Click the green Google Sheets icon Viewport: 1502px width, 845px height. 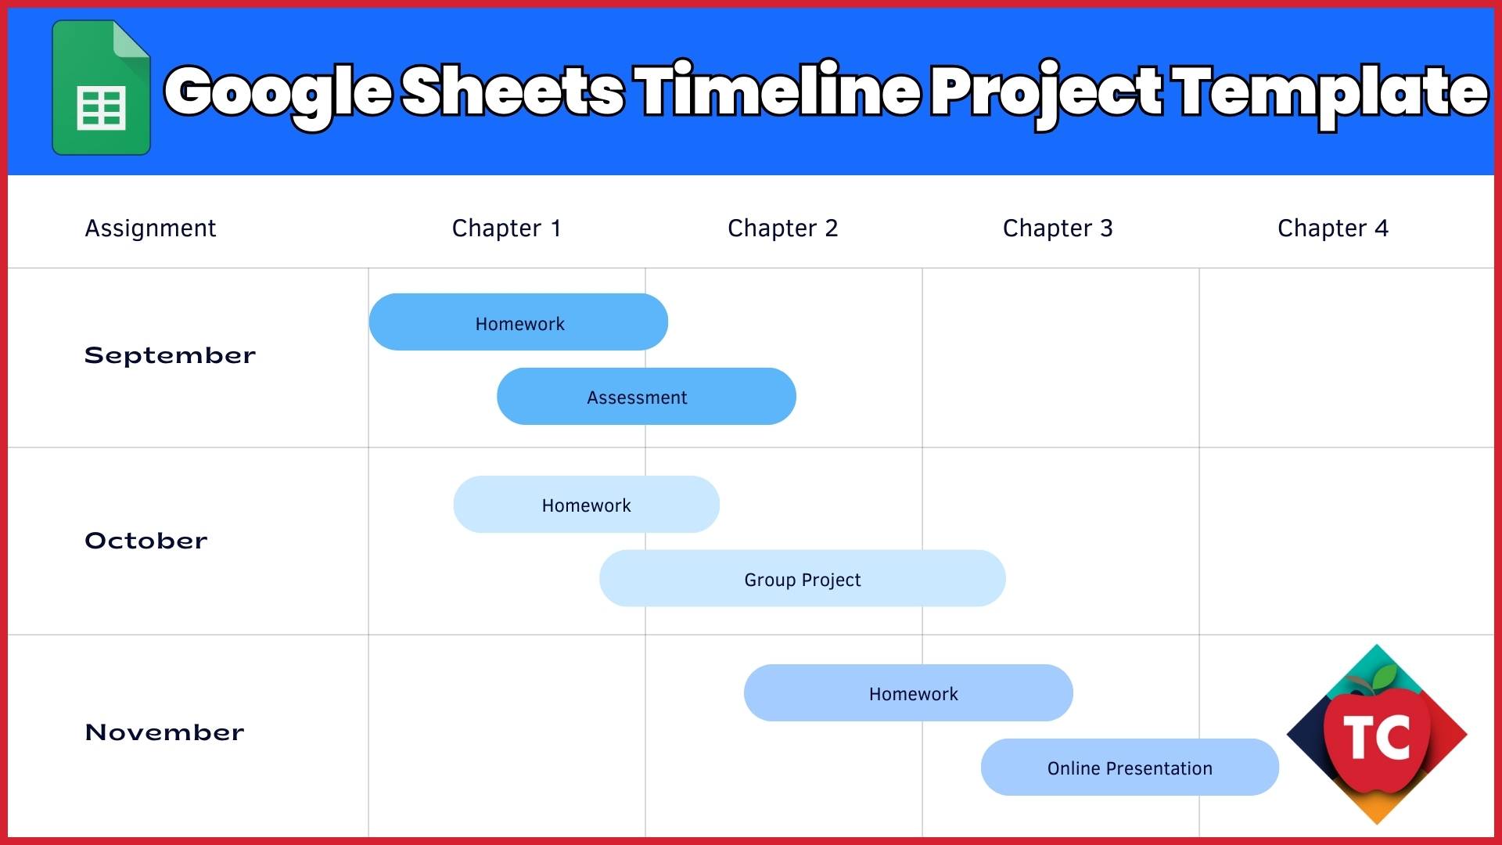click(101, 88)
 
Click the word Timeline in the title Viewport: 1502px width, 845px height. click(779, 92)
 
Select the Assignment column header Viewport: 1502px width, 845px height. click(150, 228)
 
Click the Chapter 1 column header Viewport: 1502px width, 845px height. click(507, 228)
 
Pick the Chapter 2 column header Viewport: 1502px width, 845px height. click(782, 228)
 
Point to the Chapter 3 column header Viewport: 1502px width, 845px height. click(1058, 228)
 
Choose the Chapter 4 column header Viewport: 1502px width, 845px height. click(1332, 228)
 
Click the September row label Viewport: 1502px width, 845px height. click(170, 355)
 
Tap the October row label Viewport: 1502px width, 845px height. click(146, 541)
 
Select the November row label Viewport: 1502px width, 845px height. click(164, 732)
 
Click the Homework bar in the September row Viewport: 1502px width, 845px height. click(519, 322)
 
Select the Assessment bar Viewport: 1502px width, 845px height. click(646, 397)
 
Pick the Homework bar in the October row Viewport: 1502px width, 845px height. click(586, 505)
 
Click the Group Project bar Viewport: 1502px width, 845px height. click(802, 579)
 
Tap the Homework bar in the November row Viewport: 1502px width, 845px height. click(908, 693)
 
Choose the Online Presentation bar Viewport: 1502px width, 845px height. click(1130, 768)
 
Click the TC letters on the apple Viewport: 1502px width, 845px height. click(1377, 737)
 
